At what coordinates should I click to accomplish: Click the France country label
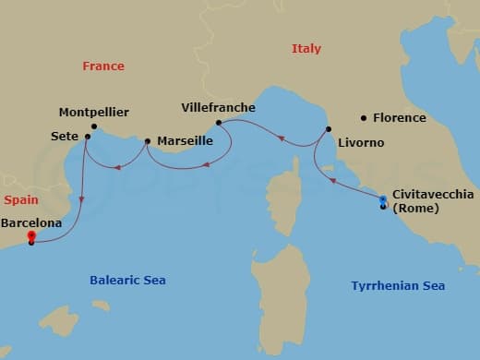coord(103,66)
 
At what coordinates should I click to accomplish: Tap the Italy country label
coord(306,49)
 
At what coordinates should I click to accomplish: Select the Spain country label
coord(20,199)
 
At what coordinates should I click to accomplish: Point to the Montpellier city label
coord(94,113)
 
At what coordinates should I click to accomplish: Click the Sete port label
coord(65,136)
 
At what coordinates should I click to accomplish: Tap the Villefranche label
coord(220,108)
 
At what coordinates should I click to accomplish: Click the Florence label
coord(399,118)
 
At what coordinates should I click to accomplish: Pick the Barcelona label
coord(32,223)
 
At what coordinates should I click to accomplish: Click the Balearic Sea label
coord(127,280)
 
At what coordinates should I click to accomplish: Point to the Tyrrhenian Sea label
coord(398,286)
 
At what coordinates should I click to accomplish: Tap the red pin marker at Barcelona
coord(31,237)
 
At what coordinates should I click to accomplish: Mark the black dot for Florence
coord(364,118)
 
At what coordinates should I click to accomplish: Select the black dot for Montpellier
coord(94,126)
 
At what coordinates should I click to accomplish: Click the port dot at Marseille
coord(148,141)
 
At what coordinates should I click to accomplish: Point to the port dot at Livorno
coord(328,129)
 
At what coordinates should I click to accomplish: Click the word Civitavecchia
coord(433,195)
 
